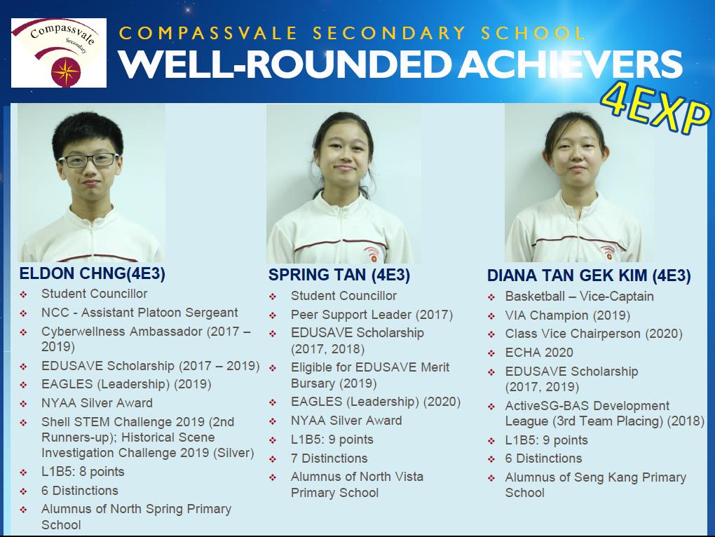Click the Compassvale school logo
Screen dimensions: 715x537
click(59, 53)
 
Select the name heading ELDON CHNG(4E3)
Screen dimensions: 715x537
click(92, 273)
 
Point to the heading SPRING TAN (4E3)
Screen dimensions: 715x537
click(339, 275)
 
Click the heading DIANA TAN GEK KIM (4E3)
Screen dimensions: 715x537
click(589, 276)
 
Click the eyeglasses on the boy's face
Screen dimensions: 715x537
click(88, 160)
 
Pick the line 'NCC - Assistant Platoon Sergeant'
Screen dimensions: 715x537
click(139, 313)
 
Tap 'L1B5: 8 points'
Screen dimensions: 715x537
click(83, 471)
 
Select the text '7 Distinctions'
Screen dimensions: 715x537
click(329, 458)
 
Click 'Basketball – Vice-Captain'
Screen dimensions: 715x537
click(579, 297)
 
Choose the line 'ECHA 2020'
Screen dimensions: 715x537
click(539, 353)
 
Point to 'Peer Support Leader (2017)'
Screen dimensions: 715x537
click(372, 315)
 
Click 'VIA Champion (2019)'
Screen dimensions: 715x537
click(567, 315)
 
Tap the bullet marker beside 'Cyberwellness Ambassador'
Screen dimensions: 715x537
click(23, 332)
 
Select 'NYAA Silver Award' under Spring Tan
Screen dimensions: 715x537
click(346, 421)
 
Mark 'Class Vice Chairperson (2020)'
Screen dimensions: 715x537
click(594, 334)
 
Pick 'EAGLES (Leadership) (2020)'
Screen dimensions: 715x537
click(376, 402)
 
